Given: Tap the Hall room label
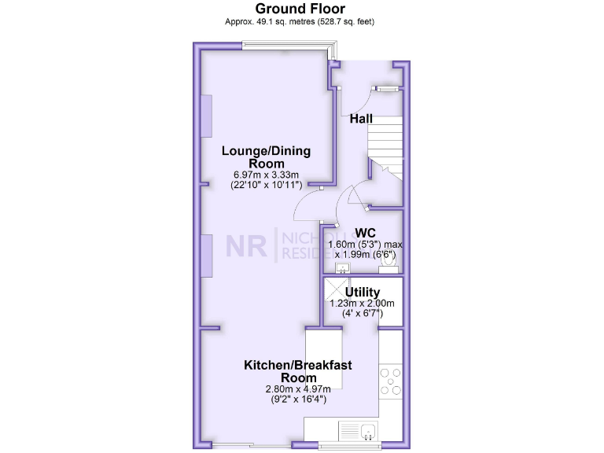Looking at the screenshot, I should coord(361,119).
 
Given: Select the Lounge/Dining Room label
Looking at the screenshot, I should coord(266,157).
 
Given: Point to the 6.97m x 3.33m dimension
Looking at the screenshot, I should coord(266,174).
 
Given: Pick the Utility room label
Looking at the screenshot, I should coord(363,293).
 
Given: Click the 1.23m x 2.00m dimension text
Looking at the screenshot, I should coord(363,304).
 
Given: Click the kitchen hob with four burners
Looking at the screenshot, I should coord(391,381).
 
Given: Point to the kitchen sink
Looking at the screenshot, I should coord(358,430).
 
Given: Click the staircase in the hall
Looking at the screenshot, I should coord(385,149).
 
